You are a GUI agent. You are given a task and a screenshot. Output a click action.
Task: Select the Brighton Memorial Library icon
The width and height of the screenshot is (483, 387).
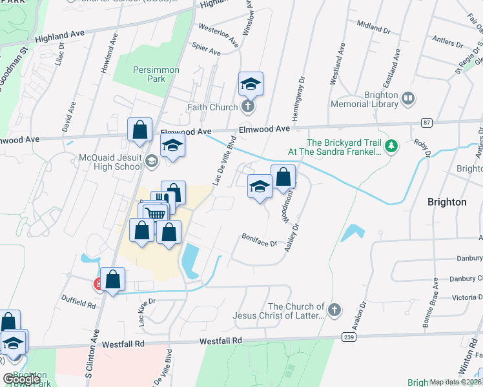pos(408,98)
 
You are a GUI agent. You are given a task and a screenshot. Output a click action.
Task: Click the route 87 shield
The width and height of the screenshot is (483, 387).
pos(426,122)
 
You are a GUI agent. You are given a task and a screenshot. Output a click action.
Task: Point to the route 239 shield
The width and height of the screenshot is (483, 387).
pos(348,337)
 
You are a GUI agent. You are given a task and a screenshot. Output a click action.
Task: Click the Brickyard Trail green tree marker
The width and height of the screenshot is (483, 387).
pos(391,147)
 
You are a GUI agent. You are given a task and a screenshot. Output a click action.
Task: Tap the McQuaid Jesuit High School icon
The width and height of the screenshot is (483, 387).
pos(151,161)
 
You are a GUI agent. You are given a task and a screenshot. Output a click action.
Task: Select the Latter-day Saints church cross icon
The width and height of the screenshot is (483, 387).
pos(334,311)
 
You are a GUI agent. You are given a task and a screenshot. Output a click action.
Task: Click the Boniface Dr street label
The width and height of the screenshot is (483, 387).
pos(260,240)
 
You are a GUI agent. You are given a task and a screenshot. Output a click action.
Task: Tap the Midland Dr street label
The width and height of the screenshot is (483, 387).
pos(373,27)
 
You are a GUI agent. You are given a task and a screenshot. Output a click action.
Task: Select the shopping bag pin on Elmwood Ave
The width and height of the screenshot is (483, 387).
pos(139,130)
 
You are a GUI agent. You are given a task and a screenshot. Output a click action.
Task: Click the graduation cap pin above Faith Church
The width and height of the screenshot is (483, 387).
pos(251,84)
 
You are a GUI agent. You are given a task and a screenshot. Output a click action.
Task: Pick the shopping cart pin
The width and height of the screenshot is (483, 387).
pos(154,213)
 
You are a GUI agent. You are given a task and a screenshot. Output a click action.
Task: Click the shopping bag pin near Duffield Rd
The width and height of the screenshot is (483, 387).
pos(112,279)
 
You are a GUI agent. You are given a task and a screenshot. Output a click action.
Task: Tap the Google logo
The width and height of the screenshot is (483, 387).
pos(21,380)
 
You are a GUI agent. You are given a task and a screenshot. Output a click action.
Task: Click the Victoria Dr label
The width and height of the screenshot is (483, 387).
pos(466,297)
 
